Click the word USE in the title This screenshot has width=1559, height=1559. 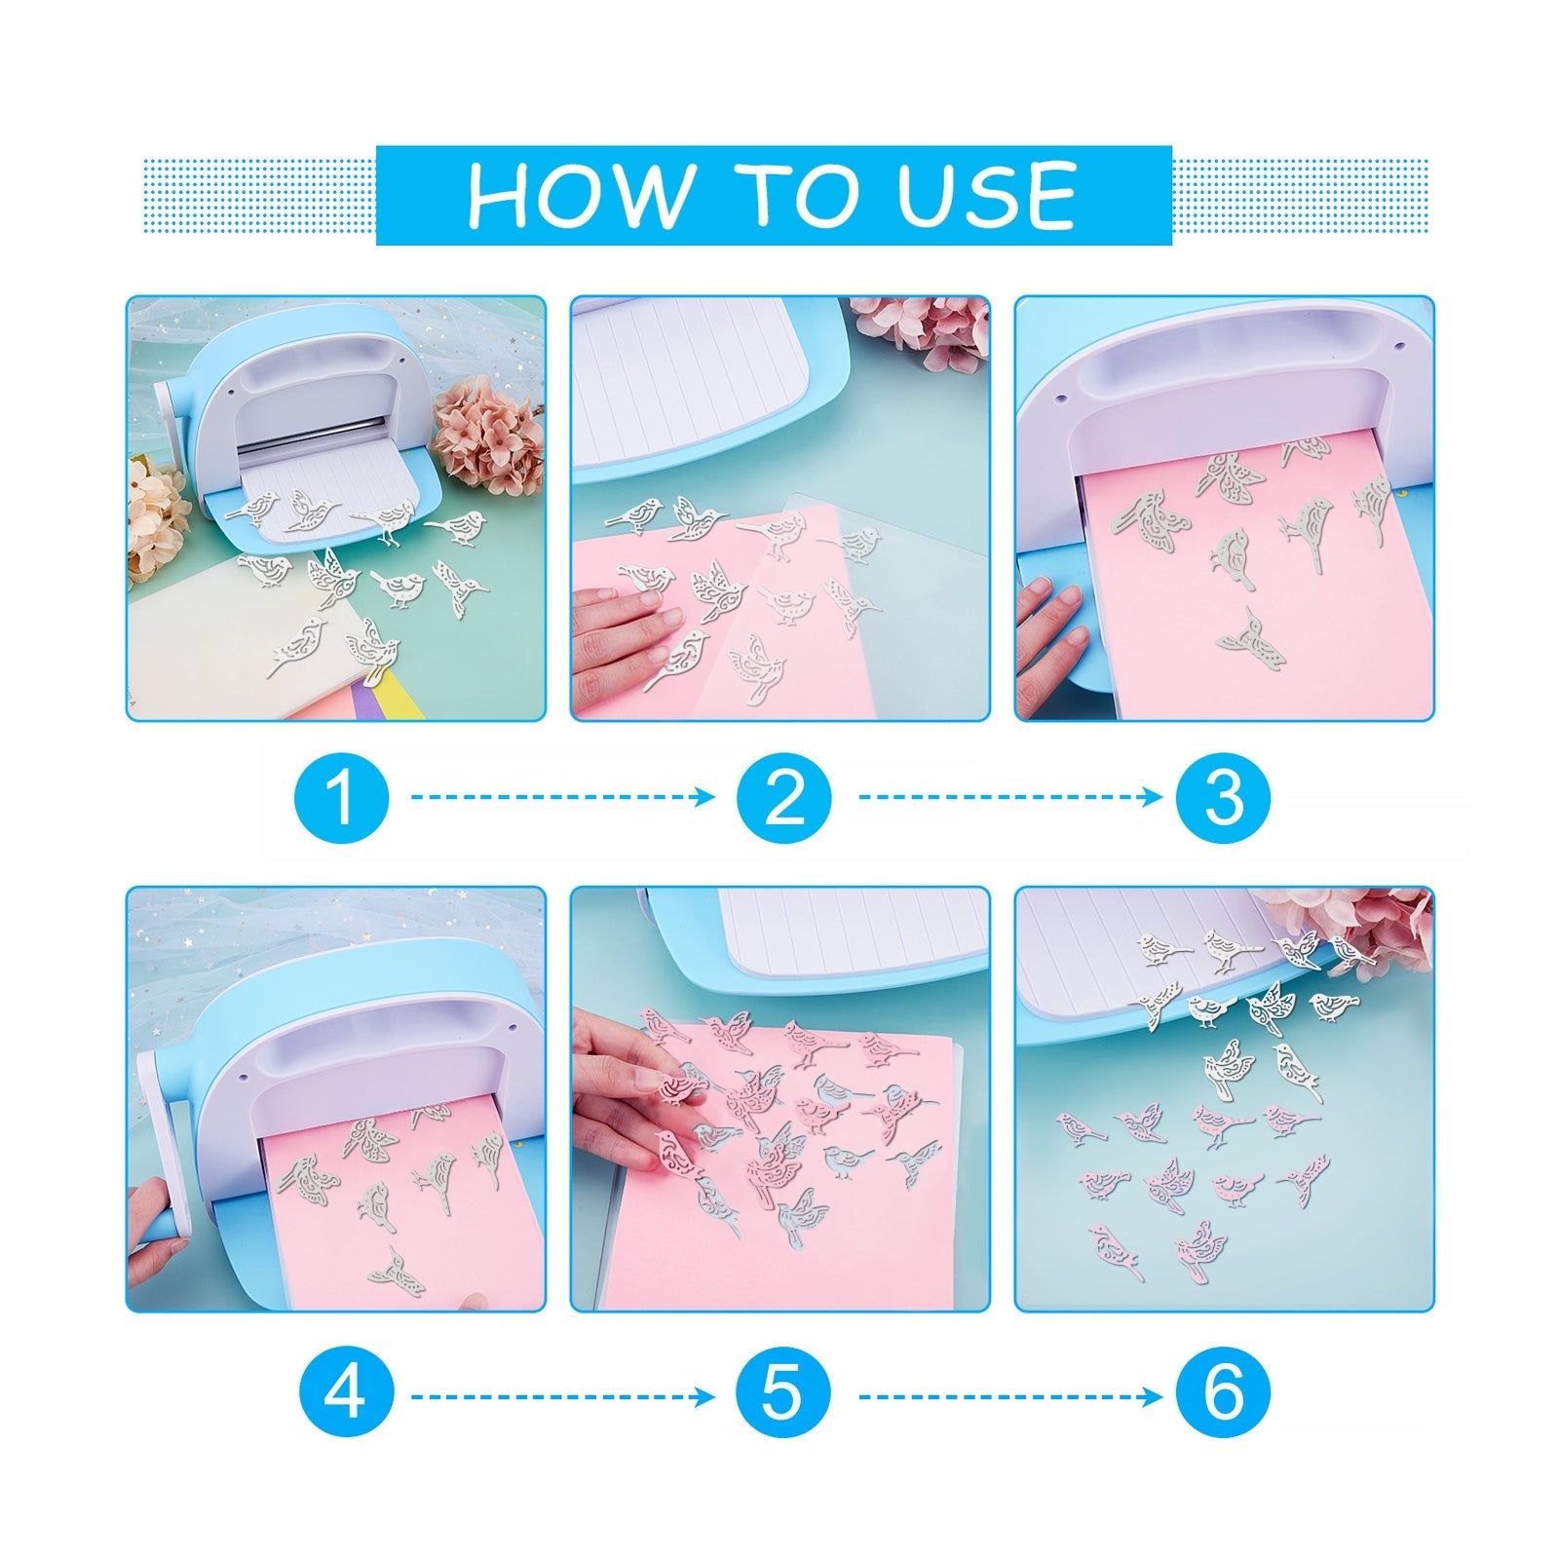(x=986, y=195)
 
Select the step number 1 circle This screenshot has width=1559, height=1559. (x=341, y=797)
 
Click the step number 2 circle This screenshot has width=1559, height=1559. (x=784, y=797)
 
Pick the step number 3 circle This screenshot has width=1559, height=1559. (x=1223, y=797)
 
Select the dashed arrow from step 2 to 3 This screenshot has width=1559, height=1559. (x=1010, y=797)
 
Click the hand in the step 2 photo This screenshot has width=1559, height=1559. (x=624, y=633)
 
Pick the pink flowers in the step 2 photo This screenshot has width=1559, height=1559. (x=921, y=326)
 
